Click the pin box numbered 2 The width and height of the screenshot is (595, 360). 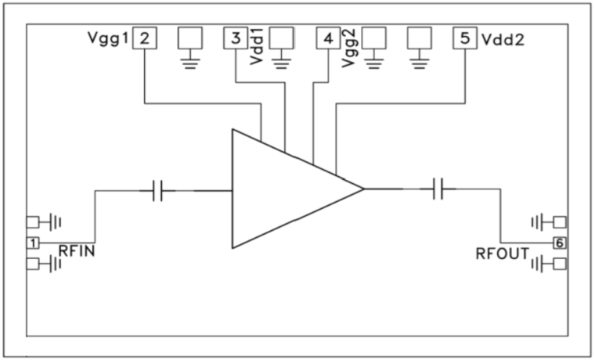[144, 38]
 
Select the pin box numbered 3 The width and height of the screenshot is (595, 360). [236, 38]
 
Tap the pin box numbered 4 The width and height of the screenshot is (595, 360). [327, 38]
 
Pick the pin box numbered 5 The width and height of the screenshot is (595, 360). [466, 38]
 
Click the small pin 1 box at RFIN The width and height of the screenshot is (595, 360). [33, 243]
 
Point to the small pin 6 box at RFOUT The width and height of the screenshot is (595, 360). [559, 243]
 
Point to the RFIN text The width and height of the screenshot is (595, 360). [78, 252]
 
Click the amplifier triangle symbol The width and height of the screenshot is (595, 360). [282, 189]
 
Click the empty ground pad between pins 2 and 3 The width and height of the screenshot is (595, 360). [190, 38]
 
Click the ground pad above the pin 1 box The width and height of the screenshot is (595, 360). [33, 221]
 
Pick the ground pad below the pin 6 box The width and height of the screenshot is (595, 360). [559, 265]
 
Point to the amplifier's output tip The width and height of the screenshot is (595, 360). [363, 189]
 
